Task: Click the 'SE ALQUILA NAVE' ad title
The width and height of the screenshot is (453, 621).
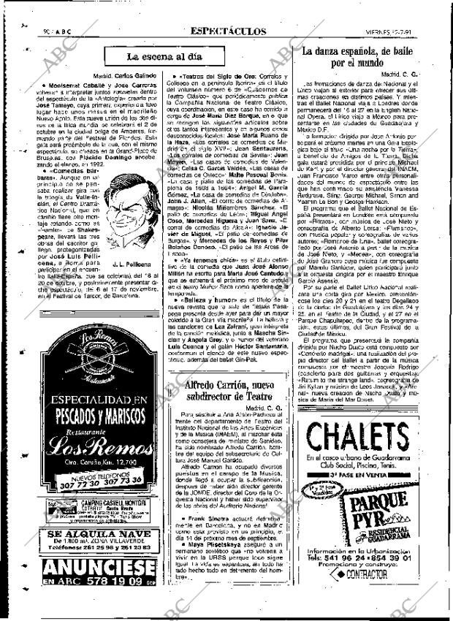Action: [88, 534]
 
